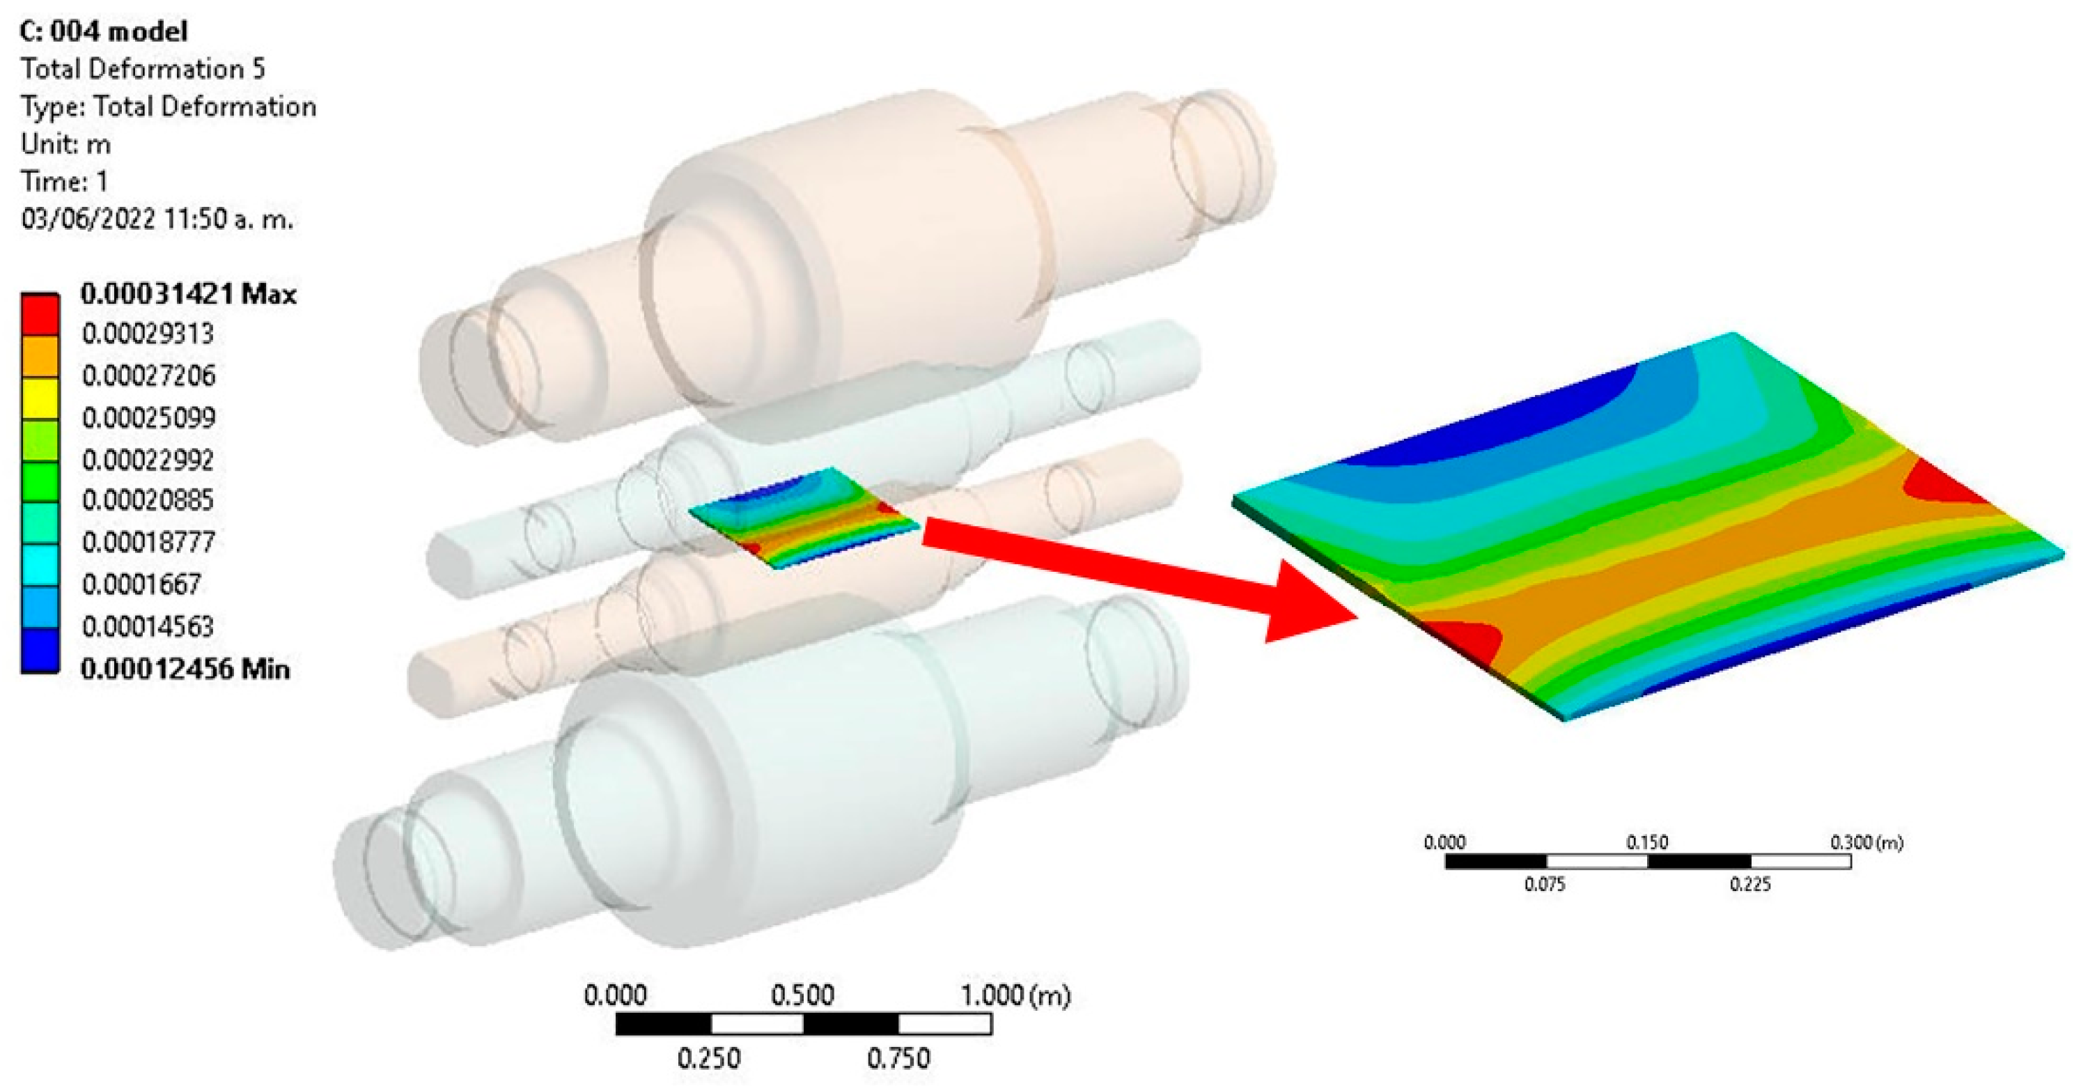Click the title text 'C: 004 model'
(x=104, y=31)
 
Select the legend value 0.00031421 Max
(x=189, y=294)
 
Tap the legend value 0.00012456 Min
(x=185, y=669)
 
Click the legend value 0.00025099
(x=149, y=418)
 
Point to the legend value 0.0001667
(x=141, y=584)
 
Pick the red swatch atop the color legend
(x=40, y=314)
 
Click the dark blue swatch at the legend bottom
(x=40, y=650)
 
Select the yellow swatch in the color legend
(x=40, y=398)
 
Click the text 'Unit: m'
(x=66, y=144)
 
